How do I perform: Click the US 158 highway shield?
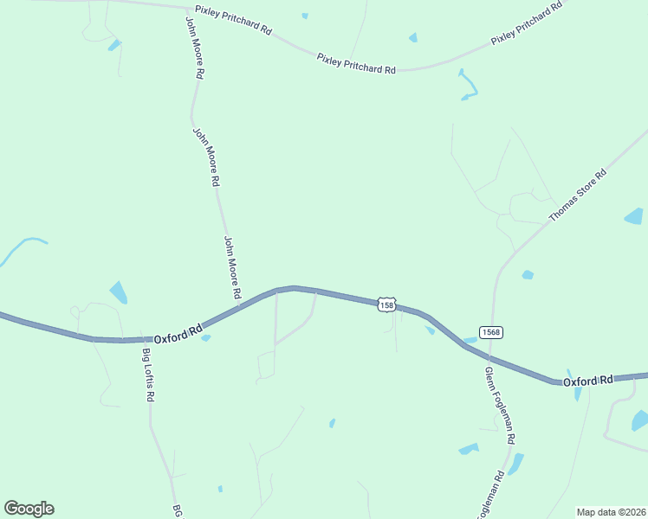(386, 304)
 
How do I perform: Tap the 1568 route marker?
(490, 332)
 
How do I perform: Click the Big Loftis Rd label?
(148, 375)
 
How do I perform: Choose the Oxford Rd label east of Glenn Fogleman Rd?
(588, 381)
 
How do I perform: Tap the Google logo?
(29, 509)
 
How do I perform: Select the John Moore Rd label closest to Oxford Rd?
(232, 268)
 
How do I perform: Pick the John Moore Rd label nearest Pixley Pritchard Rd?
(196, 48)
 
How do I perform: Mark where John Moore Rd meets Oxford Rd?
(240, 304)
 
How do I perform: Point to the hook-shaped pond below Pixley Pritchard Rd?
(469, 84)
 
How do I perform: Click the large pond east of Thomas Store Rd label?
(634, 216)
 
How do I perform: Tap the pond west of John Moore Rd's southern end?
(118, 292)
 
